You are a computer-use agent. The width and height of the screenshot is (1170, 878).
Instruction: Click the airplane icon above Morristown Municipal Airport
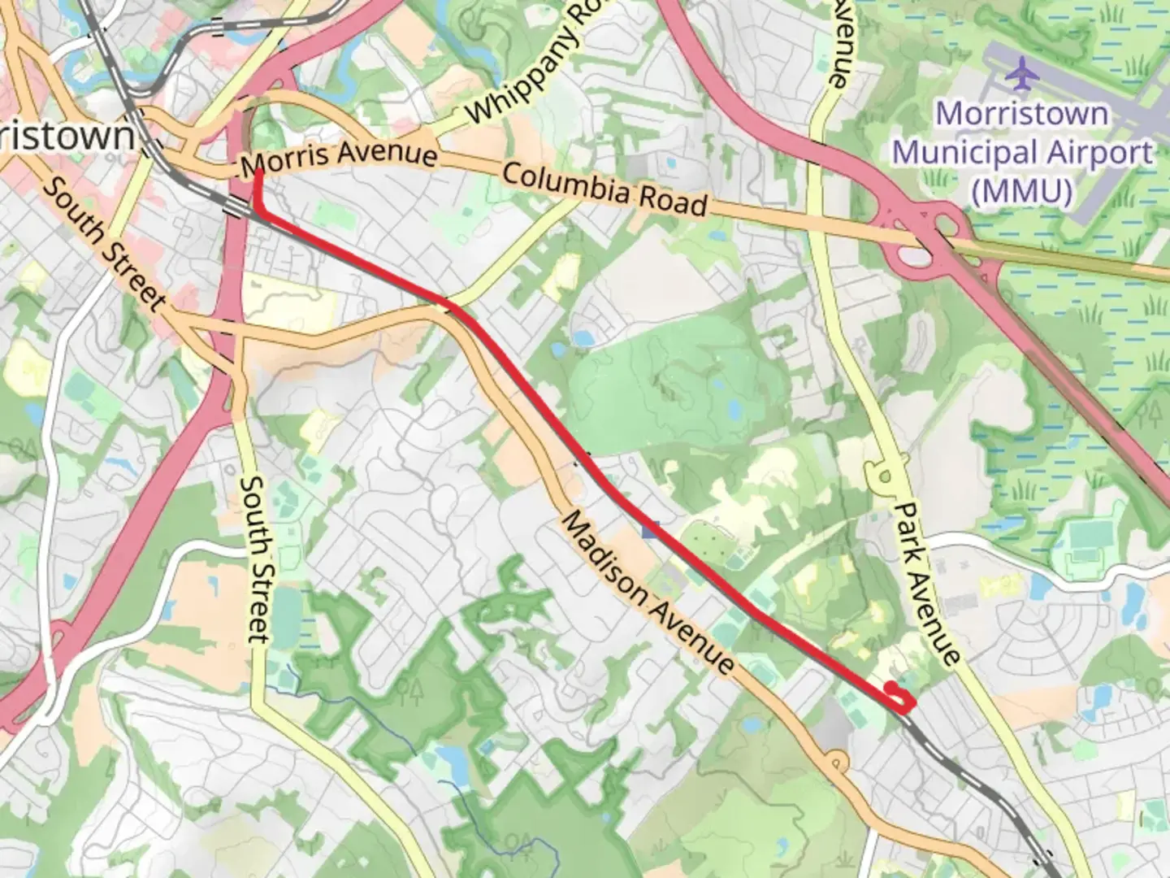pyautogui.click(x=1022, y=75)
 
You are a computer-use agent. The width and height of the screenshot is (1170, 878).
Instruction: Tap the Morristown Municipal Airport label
pyautogui.click(x=1022, y=152)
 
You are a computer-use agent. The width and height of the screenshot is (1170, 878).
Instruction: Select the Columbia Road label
pyautogui.click(x=604, y=189)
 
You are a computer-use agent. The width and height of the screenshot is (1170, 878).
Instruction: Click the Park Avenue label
pyautogui.click(x=928, y=582)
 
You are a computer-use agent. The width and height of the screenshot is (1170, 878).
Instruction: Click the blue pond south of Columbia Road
pyautogui.click(x=582, y=337)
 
